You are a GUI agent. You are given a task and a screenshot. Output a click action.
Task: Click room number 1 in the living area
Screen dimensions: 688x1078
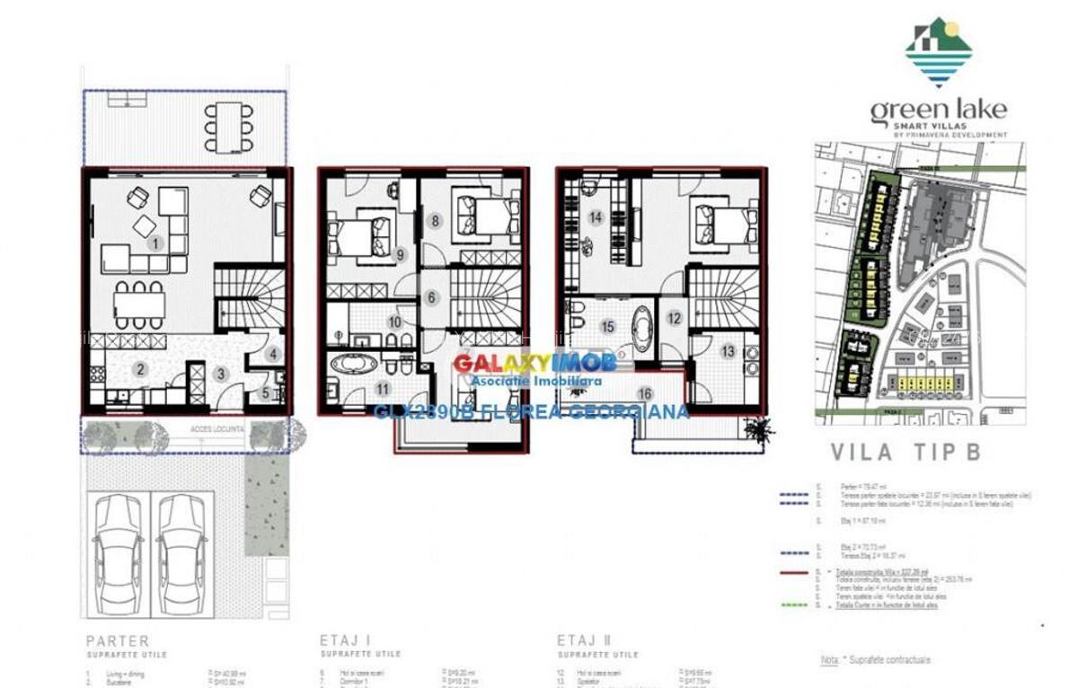coord(155,243)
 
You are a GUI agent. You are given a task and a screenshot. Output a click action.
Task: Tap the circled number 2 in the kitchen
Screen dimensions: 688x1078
coord(141,368)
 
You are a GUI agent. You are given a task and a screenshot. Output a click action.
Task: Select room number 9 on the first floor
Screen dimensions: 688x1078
coord(401,254)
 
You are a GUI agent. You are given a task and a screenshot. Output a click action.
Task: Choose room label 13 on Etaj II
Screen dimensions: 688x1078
coord(728,351)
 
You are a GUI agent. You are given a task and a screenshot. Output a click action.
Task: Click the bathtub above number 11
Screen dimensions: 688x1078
coord(353,365)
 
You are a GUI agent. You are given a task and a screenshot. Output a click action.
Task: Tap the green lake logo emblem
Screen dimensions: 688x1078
coord(939,52)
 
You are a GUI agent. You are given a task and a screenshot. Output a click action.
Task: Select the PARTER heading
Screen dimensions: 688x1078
coord(118,641)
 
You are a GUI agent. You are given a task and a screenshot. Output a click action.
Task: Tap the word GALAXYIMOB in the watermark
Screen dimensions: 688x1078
coord(522,363)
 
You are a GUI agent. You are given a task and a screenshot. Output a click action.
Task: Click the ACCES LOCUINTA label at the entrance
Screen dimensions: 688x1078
coord(216,429)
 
